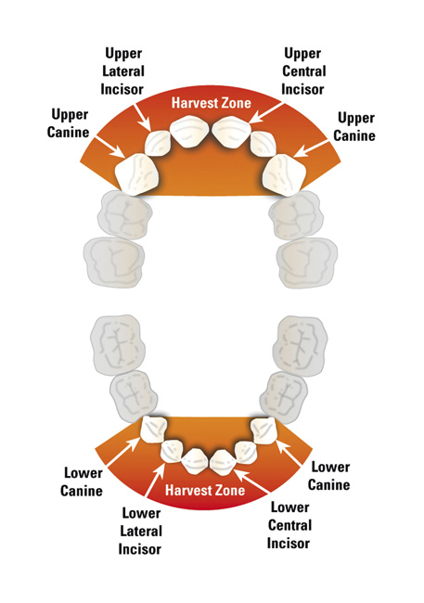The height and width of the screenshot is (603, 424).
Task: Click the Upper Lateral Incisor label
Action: coord(122,71)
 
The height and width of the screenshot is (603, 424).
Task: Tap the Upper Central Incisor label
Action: coord(303,71)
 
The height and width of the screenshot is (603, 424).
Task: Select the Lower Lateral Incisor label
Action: coord(140,531)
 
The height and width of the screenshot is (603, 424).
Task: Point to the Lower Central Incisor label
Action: coord(289,525)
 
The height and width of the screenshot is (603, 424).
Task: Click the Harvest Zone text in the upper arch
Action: coord(212,103)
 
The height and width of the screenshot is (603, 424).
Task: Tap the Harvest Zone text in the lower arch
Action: coord(205,490)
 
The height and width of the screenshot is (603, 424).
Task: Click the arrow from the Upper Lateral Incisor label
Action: coord(142,117)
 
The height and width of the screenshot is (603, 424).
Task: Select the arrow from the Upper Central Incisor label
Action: coord(266,112)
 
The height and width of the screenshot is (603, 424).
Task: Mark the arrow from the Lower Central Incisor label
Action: coord(251,481)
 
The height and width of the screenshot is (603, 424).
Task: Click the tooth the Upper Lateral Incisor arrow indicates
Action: coord(158,143)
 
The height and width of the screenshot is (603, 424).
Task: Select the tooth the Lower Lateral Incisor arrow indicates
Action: coord(172,452)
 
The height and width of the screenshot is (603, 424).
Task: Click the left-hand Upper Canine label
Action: coord(68,123)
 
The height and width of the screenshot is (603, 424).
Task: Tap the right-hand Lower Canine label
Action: coord(329,476)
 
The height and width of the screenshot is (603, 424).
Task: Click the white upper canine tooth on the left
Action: coord(137,173)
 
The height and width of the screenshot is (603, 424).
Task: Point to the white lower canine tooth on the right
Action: coord(263,430)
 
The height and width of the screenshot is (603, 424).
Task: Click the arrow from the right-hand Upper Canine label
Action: coord(311,149)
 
